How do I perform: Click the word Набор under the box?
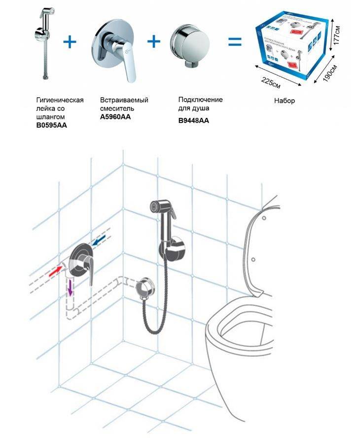point(284,101)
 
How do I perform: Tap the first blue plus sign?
point(71,42)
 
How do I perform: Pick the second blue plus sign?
point(154,42)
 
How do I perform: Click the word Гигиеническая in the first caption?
point(60,100)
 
